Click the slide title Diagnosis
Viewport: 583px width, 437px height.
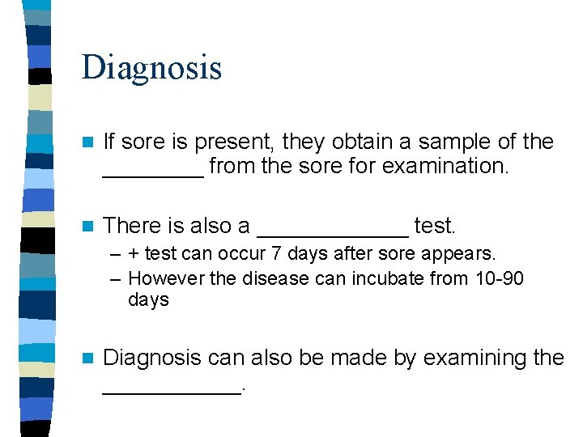click(151, 67)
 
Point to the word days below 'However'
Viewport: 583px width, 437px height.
click(148, 300)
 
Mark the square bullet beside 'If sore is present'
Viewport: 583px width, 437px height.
click(87, 142)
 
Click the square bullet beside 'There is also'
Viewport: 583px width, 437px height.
click(87, 225)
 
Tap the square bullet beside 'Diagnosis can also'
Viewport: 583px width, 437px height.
click(87, 359)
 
